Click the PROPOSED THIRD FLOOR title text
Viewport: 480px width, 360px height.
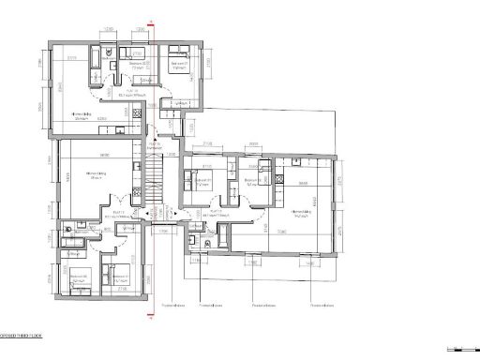coord(21,335)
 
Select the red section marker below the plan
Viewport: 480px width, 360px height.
coord(152,316)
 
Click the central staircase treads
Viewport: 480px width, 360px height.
coord(155,178)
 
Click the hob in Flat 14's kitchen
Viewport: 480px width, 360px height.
coord(139,114)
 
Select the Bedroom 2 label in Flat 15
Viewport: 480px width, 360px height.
coord(250,184)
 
